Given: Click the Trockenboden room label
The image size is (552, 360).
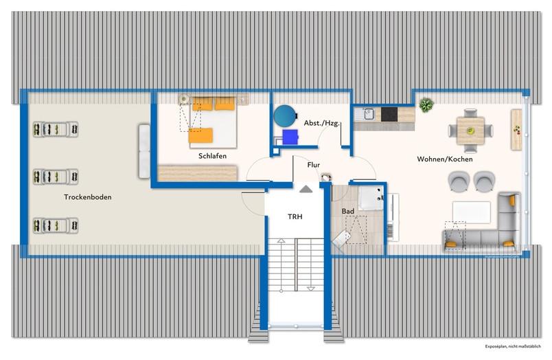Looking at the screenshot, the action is pos(88,197).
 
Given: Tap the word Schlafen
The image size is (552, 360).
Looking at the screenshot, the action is pos(212,156).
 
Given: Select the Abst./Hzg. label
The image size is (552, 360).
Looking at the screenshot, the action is pos(322,123).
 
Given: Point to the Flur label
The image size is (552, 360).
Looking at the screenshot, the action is pos(313,165).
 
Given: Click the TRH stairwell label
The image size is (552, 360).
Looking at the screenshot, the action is pos(295,216).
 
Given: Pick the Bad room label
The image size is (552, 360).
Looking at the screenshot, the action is pos(348,212).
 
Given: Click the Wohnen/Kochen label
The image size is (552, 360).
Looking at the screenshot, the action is pos(445,159).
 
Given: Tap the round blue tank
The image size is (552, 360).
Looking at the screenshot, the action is pos(285,116).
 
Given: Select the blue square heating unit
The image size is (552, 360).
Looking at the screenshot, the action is pos(290,137).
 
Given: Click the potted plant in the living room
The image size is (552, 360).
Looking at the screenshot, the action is pos(426,105).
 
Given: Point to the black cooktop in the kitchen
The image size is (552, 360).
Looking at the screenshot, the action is pos(389,115).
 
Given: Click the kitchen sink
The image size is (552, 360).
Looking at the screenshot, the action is pos(368,114).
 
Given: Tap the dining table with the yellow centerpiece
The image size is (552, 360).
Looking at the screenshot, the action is pos(470,131).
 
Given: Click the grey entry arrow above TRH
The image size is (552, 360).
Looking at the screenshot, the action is pos(306,189).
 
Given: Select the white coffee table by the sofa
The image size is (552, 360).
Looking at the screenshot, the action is pos(472,212).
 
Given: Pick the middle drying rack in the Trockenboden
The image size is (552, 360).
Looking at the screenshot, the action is pos(56,177).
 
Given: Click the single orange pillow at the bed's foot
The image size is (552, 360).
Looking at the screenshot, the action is pos(200,135).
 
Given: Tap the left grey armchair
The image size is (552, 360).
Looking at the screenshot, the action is pos(459,181).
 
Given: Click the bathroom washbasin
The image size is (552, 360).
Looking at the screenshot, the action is pos(371,199).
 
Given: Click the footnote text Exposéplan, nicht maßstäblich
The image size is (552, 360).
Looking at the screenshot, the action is pos(513,347).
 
